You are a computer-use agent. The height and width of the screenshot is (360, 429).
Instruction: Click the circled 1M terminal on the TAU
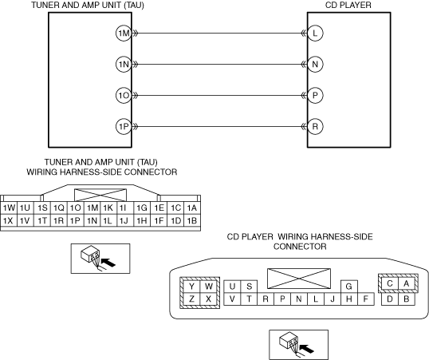point(124,34)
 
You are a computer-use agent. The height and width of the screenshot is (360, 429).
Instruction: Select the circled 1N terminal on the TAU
point(124,65)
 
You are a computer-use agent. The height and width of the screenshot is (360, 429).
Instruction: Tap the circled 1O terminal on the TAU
point(124,95)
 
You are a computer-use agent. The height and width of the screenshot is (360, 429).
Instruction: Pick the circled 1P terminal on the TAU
point(124,127)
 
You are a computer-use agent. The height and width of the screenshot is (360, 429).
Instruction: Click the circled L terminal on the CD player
point(315,34)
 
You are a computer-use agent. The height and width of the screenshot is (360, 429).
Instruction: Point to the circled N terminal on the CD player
point(315,65)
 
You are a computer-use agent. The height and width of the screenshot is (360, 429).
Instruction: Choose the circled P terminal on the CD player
point(315,95)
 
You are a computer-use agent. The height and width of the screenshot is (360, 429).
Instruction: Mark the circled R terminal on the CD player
point(315,127)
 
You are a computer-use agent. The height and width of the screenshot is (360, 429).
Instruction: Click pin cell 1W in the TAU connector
point(9,208)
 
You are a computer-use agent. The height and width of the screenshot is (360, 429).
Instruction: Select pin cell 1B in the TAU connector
point(192,220)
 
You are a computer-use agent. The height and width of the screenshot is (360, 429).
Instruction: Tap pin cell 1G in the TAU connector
point(142,208)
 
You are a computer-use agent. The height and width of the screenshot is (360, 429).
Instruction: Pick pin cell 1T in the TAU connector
point(42,220)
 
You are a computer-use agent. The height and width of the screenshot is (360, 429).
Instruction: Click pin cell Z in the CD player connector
point(191,299)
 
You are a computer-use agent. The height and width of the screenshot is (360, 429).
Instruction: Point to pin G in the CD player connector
point(348,287)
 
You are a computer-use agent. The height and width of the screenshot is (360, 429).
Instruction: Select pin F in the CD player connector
point(366,299)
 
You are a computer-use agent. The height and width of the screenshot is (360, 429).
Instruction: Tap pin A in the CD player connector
point(407,283)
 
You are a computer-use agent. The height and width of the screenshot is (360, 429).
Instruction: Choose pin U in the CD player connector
point(232,287)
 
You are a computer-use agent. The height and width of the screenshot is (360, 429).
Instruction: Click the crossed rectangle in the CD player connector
point(299,279)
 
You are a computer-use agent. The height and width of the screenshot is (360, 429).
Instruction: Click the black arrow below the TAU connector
point(108,262)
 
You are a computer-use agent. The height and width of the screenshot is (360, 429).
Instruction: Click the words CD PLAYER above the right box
point(348,5)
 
